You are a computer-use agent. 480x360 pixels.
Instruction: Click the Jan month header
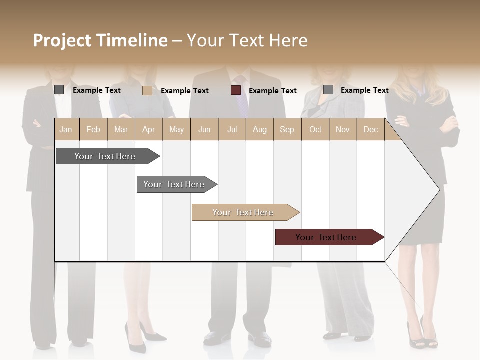pos(66,129)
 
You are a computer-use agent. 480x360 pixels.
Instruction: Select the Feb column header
pos(93,129)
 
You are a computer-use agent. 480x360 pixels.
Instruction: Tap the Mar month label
pos(121,129)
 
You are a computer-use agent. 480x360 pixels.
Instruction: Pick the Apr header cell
pos(149,129)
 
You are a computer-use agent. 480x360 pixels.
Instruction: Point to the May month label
pos(176,129)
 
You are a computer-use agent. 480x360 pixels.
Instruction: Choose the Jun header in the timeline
pos(204,129)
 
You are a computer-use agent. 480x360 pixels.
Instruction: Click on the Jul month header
pos(232,129)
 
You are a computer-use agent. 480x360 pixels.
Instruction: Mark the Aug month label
pos(260,129)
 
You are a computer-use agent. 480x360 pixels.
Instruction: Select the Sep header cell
pos(287,129)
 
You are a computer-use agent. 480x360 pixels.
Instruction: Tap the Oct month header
pos(315,129)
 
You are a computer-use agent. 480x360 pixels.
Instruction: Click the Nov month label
pos(343,129)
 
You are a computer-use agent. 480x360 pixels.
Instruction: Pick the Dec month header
pos(371,129)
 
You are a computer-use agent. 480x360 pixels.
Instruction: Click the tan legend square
pos(147,90)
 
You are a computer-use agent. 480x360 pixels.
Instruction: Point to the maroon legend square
pos(236,90)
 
